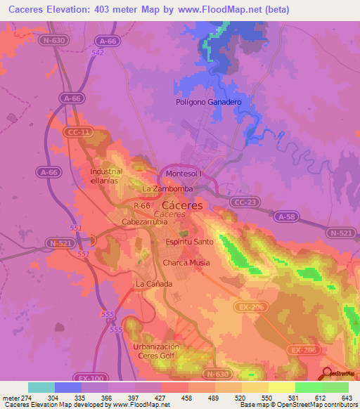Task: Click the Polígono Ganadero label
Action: [208, 102]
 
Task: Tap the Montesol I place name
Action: [184, 174]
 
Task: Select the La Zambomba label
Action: [167, 189]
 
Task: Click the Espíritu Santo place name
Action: [189, 241]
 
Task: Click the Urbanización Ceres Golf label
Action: [156, 351]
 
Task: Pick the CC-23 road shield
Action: [241, 202]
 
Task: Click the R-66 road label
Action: [141, 205]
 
